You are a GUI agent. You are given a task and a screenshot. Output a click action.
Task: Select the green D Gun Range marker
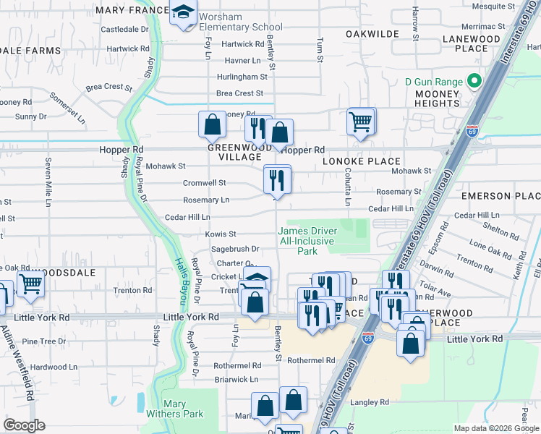(x=474, y=80)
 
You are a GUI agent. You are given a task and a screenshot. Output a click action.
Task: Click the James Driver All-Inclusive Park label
(x=307, y=241)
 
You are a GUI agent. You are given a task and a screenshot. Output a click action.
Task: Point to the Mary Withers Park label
(x=183, y=409)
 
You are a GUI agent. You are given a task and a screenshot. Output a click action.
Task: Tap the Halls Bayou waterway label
(x=180, y=281)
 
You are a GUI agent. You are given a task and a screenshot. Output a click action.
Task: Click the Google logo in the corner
(x=25, y=425)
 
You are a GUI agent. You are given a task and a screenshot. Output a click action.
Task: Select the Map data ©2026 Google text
(x=495, y=428)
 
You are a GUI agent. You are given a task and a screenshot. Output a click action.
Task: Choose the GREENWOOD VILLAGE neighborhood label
(x=234, y=152)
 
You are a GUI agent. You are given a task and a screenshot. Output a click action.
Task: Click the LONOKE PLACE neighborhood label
(x=362, y=161)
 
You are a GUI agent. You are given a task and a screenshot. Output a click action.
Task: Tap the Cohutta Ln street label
(x=346, y=187)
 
